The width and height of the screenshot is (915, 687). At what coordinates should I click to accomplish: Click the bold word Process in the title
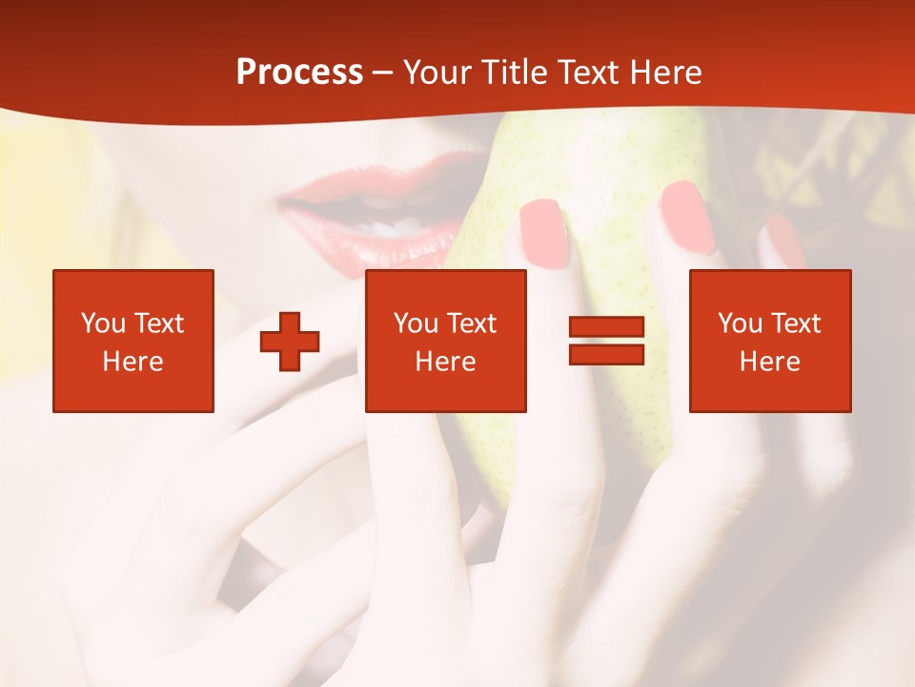(x=299, y=73)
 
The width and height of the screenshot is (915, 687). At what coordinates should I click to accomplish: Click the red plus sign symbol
(x=290, y=342)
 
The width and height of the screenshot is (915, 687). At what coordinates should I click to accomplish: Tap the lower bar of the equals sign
(x=607, y=355)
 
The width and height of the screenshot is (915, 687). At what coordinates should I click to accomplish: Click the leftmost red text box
(x=133, y=341)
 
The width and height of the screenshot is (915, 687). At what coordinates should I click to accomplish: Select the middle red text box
(x=446, y=341)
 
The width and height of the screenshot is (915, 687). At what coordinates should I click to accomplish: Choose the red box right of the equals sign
(x=770, y=341)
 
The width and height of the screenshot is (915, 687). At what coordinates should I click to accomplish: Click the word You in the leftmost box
(x=103, y=323)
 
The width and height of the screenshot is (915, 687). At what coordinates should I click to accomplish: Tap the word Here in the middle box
(x=446, y=362)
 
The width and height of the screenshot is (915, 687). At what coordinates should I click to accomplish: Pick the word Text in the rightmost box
(x=797, y=323)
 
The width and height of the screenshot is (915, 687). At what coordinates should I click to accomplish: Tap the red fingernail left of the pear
(x=544, y=232)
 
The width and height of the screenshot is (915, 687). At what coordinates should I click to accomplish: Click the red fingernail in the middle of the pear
(x=688, y=217)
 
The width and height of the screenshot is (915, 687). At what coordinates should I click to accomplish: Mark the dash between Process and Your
(x=383, y=73)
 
